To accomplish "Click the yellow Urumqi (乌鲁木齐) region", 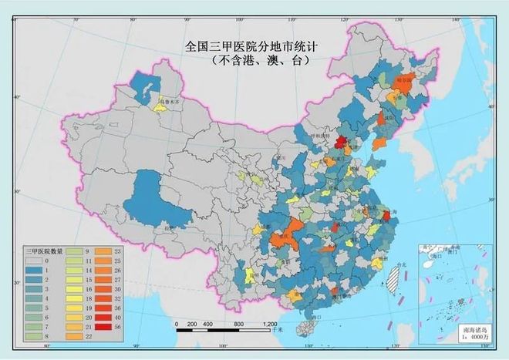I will click(161, 107).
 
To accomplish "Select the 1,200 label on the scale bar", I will click(269, 324).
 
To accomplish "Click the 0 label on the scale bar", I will click(177, 324).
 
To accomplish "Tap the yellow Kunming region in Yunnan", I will click(249, 275).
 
